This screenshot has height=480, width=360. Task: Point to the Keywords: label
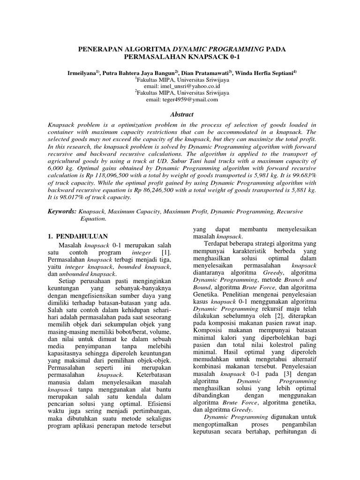click(x=62, y=212)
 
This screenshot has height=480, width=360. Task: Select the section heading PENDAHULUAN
click(x=82, y=236)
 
